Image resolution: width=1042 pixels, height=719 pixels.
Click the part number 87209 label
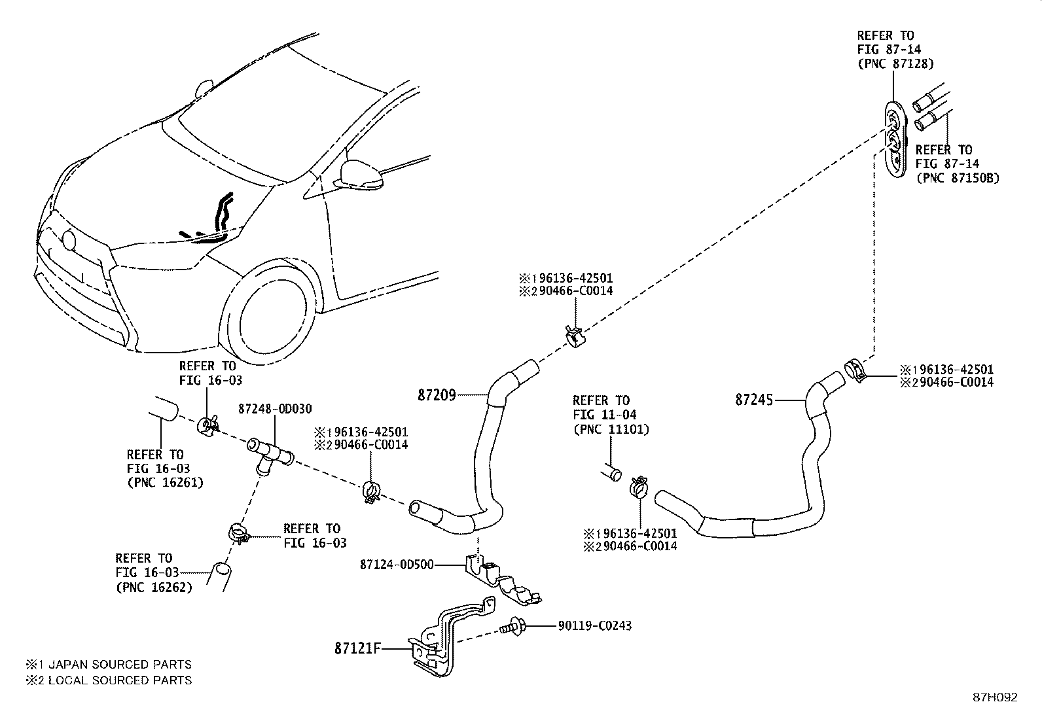pos(437,395)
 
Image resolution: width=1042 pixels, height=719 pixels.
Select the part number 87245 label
pos(754,399)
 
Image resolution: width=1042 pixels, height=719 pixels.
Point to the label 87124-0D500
pos(396,565)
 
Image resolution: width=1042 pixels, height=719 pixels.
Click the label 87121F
pos(357,648)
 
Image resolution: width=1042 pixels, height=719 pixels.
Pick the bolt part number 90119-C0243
pos(594,626)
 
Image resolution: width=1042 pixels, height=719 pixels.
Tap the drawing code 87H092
pos(994,697)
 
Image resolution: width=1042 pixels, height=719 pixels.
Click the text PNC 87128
pos(895,64)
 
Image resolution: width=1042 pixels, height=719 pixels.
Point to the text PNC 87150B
pos(958,178)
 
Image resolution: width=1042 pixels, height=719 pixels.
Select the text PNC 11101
pos(611,429)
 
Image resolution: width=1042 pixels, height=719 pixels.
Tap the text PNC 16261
pos(165,483)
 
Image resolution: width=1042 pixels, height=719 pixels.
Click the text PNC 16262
pos(154,587)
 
